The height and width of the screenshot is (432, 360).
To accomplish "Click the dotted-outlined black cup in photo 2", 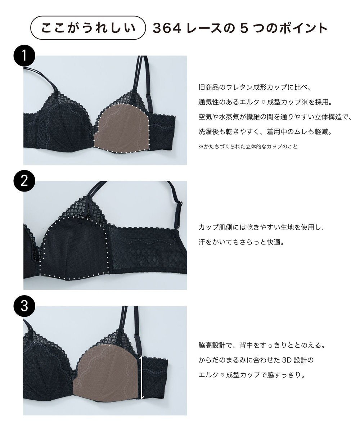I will [x=74, y=248].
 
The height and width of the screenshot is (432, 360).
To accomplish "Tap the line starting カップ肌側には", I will [x=262, y=228].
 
